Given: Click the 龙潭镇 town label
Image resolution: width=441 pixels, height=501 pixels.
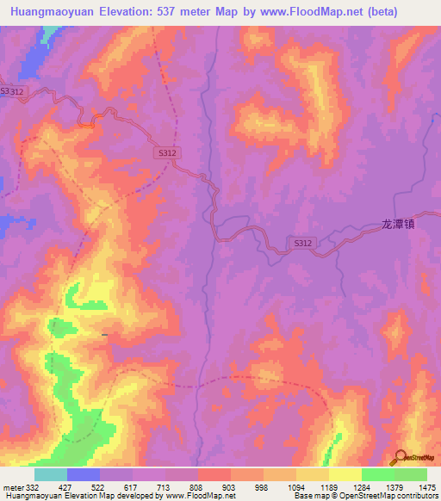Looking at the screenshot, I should [x=398, y=223].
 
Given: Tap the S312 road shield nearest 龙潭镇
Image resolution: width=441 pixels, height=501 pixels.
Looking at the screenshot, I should [x=302, y=244].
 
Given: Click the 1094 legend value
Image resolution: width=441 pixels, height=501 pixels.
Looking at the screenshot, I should [x=295, y=487].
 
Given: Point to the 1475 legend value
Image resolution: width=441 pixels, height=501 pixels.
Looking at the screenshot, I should [x=427, y=487].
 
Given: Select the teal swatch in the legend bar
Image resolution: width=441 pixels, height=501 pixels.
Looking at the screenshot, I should [x=51, y=474].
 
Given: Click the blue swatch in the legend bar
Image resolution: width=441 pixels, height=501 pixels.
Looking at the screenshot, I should [x=84, y=474].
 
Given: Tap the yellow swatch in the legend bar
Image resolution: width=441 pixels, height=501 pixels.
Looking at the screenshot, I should [x=345, y=474].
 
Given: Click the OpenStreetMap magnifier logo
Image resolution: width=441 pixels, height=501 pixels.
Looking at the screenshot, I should [x=401, y=458].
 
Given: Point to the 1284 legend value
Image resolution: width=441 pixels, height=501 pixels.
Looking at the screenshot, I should [x=362, y=487].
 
